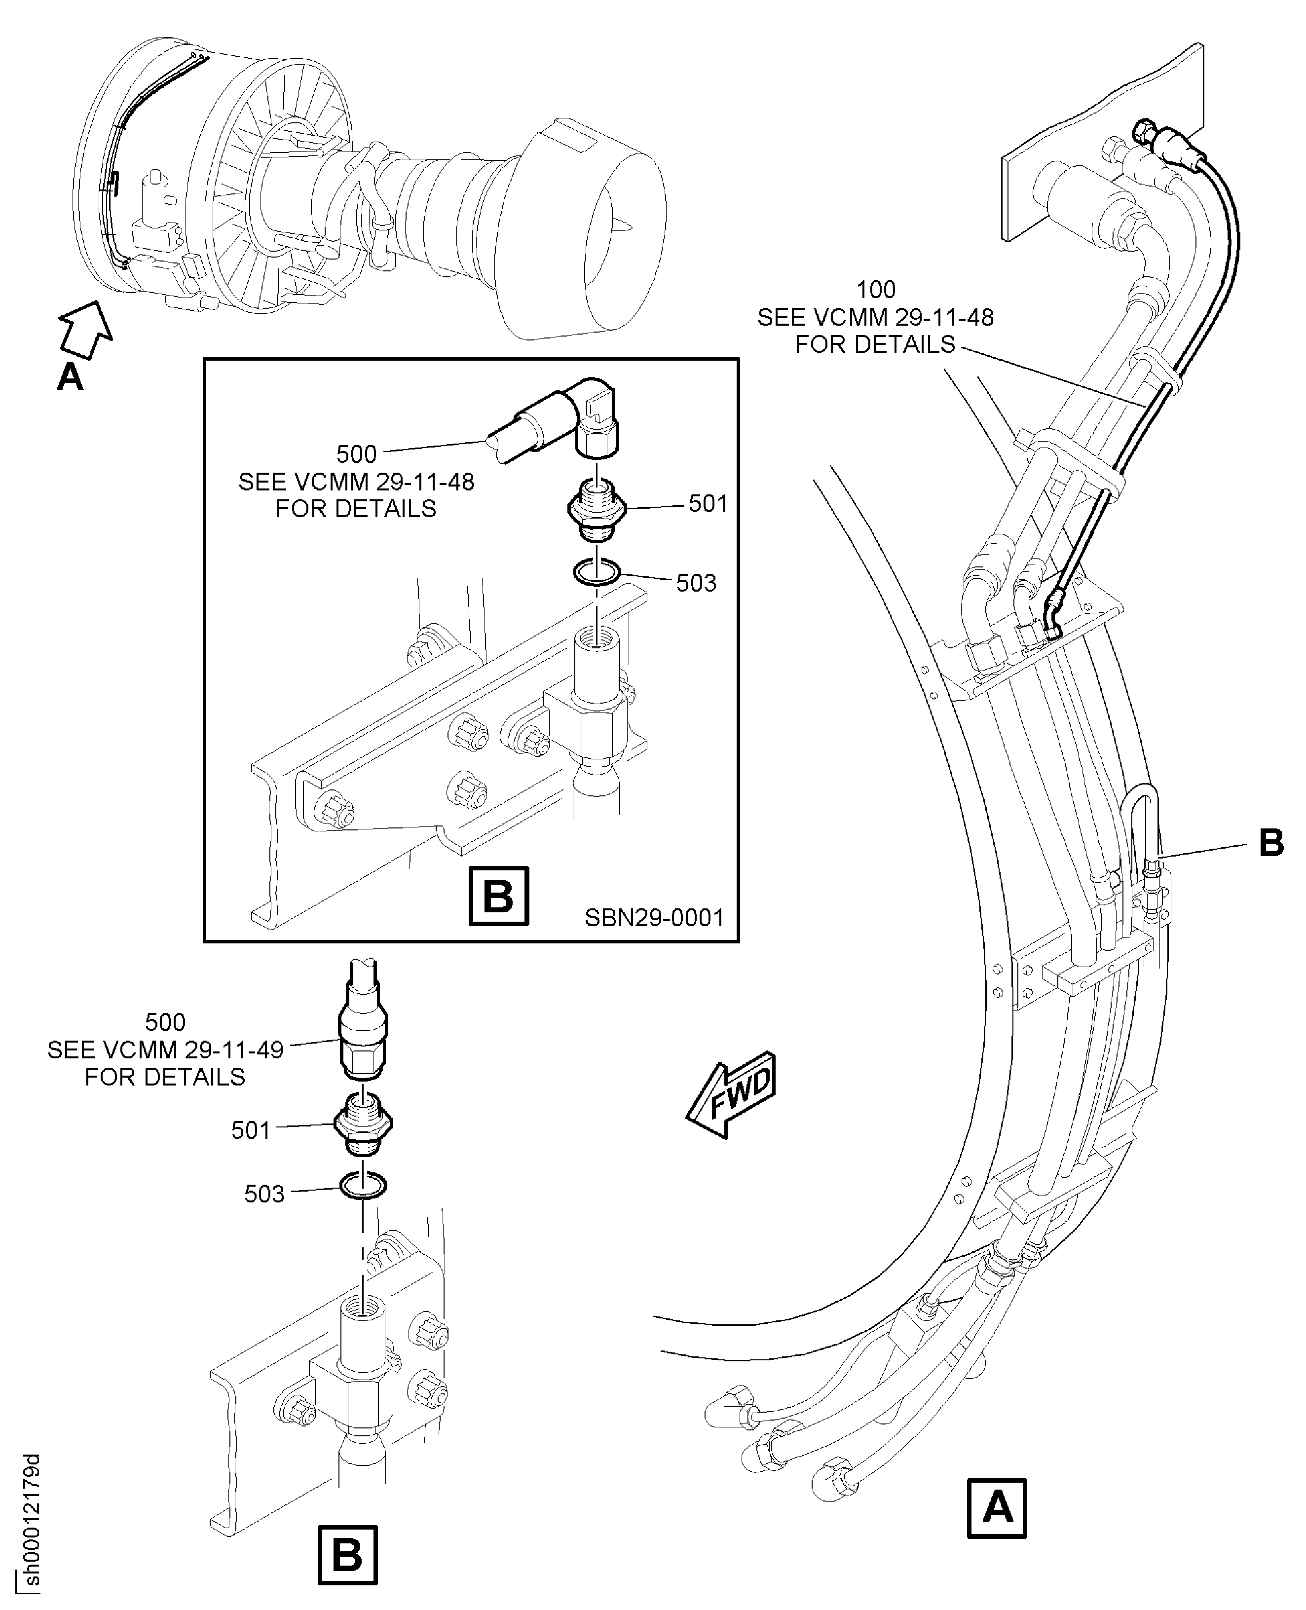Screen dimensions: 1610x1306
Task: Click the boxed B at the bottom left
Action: (347, 1554)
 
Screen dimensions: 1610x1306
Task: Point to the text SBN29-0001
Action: (654, 918)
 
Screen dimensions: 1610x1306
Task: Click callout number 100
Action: (876, 290)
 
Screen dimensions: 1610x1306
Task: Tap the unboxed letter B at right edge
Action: (1270, 843)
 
